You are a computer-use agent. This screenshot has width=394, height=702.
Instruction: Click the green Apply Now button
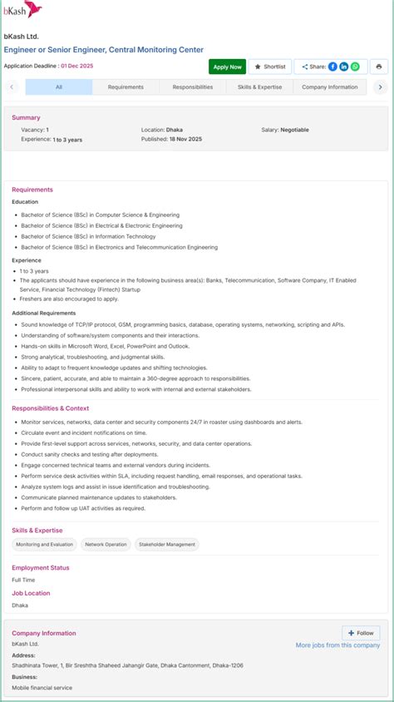tap(227, 67)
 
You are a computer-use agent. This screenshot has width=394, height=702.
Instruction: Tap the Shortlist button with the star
tap(270, 67)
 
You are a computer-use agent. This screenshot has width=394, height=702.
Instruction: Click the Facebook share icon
tap(332, 67)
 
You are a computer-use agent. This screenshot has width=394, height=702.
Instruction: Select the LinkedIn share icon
tap(344, 67)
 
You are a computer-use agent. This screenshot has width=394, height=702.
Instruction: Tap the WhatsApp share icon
tap(355, 67)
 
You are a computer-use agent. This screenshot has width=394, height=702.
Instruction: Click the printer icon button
tap(379, 67)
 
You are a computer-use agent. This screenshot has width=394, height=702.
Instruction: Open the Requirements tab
tap(126, 87)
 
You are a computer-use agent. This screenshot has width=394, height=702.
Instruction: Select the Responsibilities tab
tap(192, 87)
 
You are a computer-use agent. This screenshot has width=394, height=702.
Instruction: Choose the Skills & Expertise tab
tap(259, 87)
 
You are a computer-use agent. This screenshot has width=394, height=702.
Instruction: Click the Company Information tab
tap(329, 87)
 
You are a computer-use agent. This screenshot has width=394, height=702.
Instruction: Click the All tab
tap(58, 87)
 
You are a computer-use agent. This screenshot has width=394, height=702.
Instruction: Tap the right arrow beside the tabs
tap(380, 87)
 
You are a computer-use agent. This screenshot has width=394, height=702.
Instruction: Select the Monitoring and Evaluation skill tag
tap(45, 545)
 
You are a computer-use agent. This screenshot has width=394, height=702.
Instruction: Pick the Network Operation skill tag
tap(106, 545)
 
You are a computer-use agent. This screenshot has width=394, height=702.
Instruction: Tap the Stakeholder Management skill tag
tap(167, 545)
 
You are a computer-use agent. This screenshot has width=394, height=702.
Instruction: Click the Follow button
tap(361, 633)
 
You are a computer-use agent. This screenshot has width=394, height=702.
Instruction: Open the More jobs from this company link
tap(337, 645)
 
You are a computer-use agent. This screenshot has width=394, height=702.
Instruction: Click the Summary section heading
tap(26, 117)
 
